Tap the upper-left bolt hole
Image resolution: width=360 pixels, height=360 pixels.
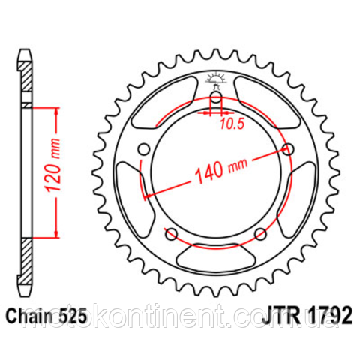point(144,150)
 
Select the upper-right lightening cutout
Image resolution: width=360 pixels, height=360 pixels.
point(266,105)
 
